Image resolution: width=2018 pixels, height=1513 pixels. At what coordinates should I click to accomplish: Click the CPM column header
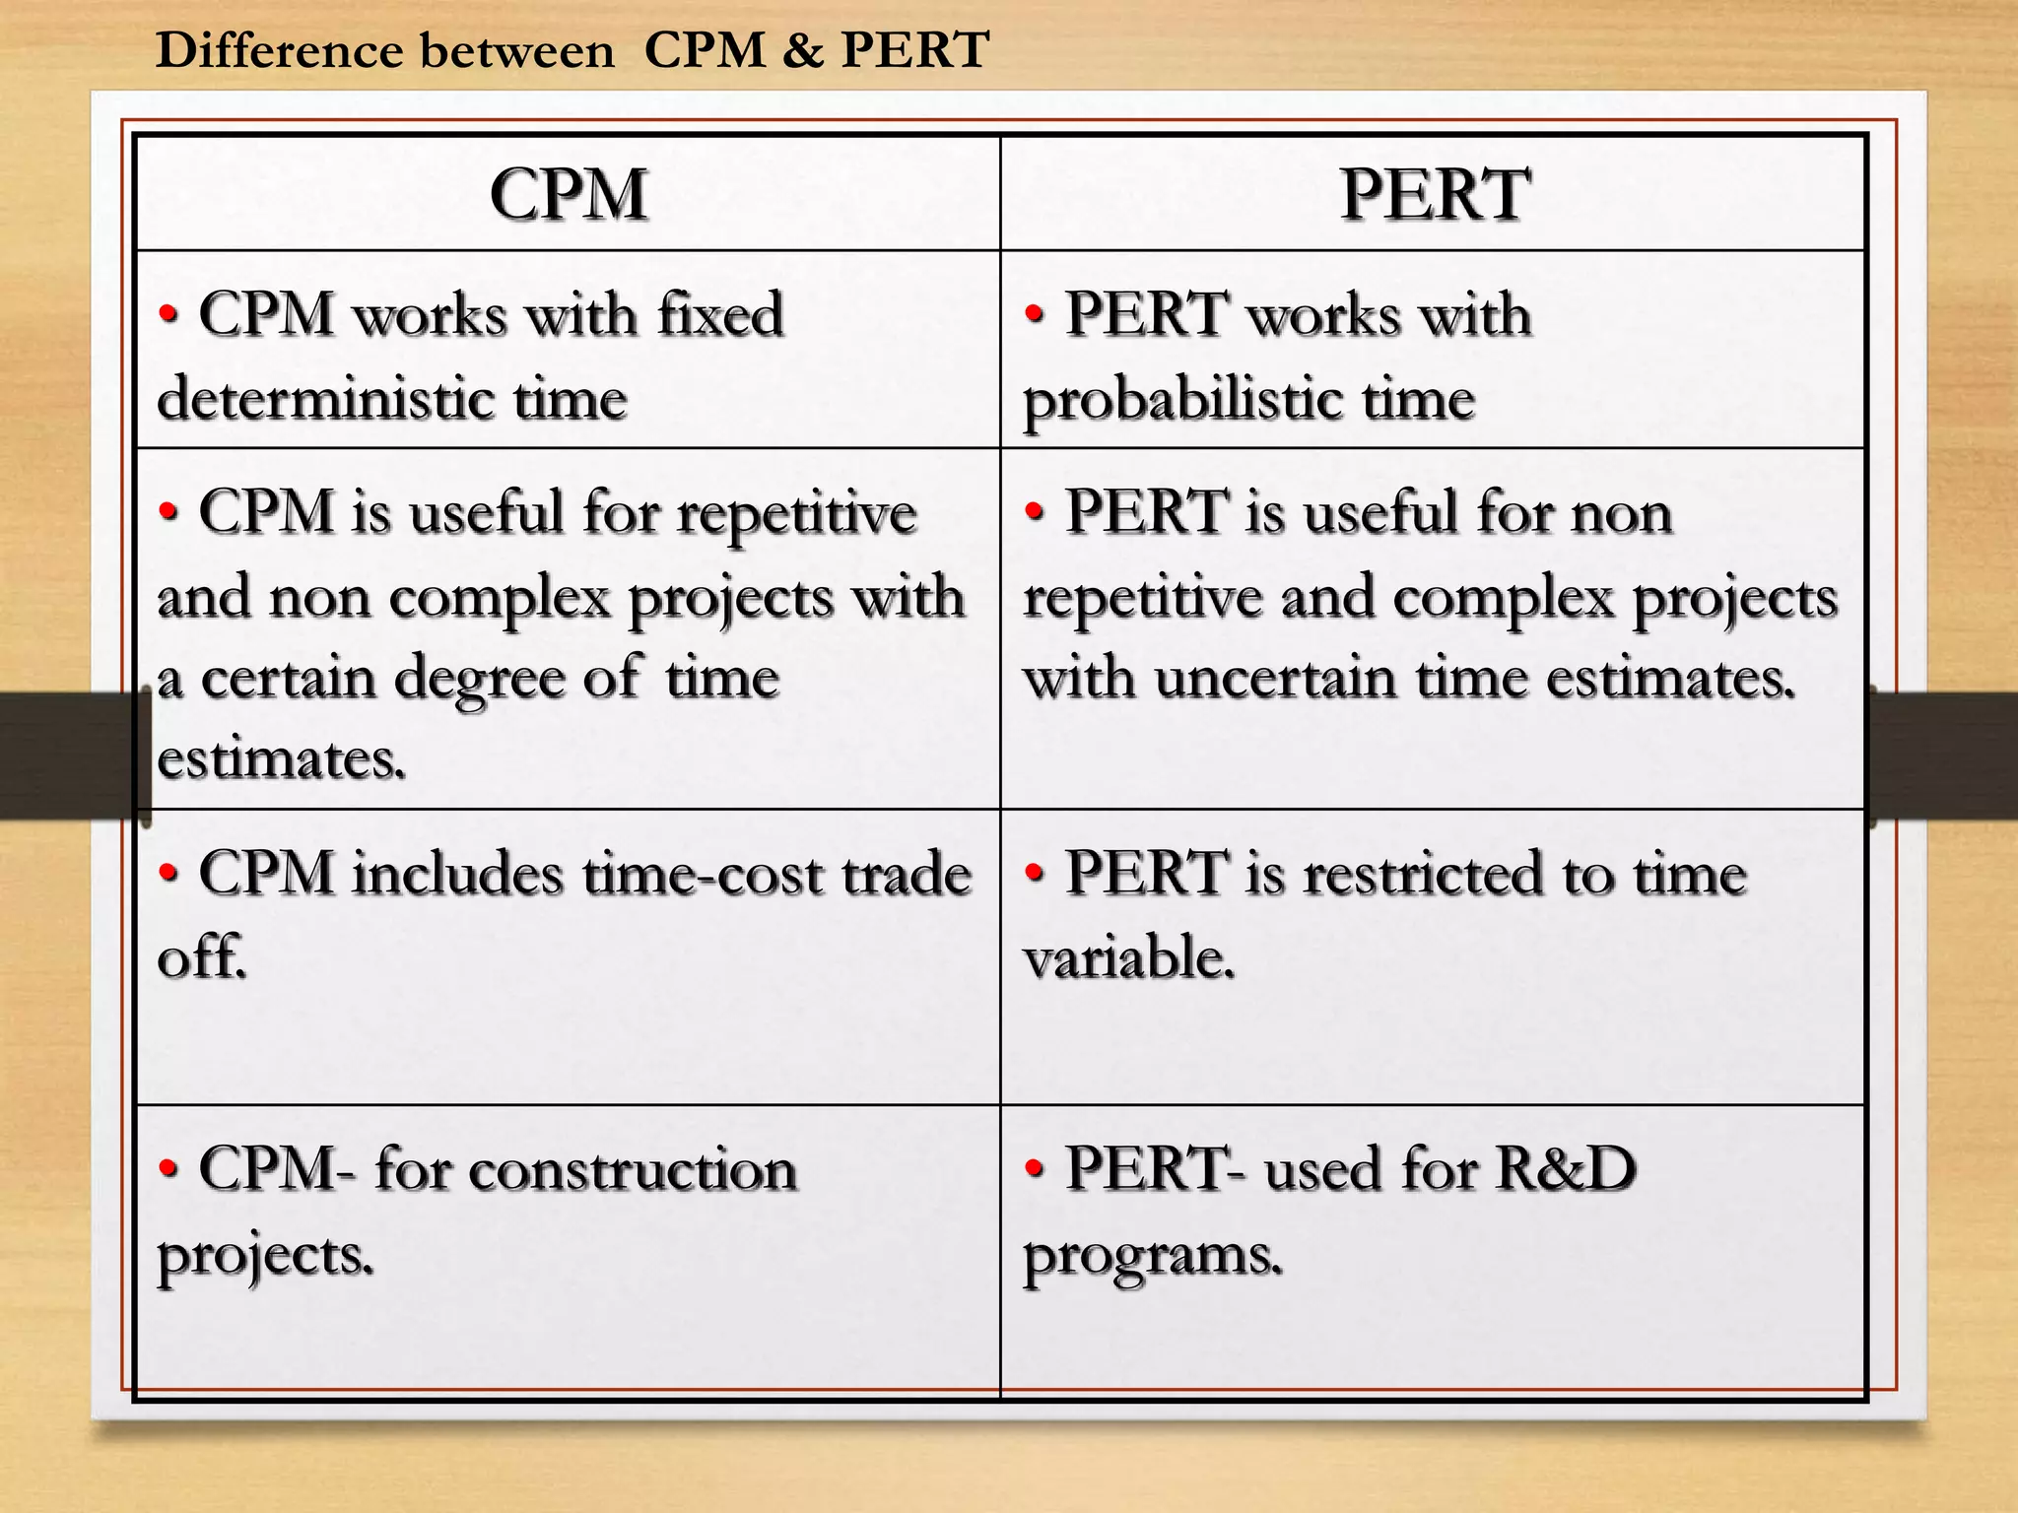pyautogui.click(x=569, y=194)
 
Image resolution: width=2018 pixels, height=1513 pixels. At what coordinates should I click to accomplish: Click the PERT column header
pyautogui.click(x=1435, y=194)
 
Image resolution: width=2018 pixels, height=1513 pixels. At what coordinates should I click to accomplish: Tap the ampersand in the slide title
pyautogui.click(x=803, y=50)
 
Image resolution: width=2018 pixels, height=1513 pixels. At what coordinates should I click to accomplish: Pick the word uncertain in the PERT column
pyautogui.click(x=1277, y=678)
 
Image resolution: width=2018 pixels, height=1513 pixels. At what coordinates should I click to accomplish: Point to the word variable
pyautogui.click(x=1128, y=957)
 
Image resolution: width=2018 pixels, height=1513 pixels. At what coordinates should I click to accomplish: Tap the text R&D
pyautogui.click(x=1565, y=1169)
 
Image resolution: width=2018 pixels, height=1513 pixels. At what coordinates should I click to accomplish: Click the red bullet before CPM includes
pyautogui.click(x=169, y=873)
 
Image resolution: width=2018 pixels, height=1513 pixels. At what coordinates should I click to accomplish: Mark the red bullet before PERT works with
pyautogui.click(x=1034, y=315)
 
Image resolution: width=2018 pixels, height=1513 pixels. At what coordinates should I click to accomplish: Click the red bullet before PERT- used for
pyautogui.click(x=1034, y=1168)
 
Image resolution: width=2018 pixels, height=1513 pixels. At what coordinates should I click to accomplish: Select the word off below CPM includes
pyautogui.click(x=201, y=956)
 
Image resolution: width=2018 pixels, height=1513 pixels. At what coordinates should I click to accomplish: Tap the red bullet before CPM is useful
pyautogui.click(x=169, y=512)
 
